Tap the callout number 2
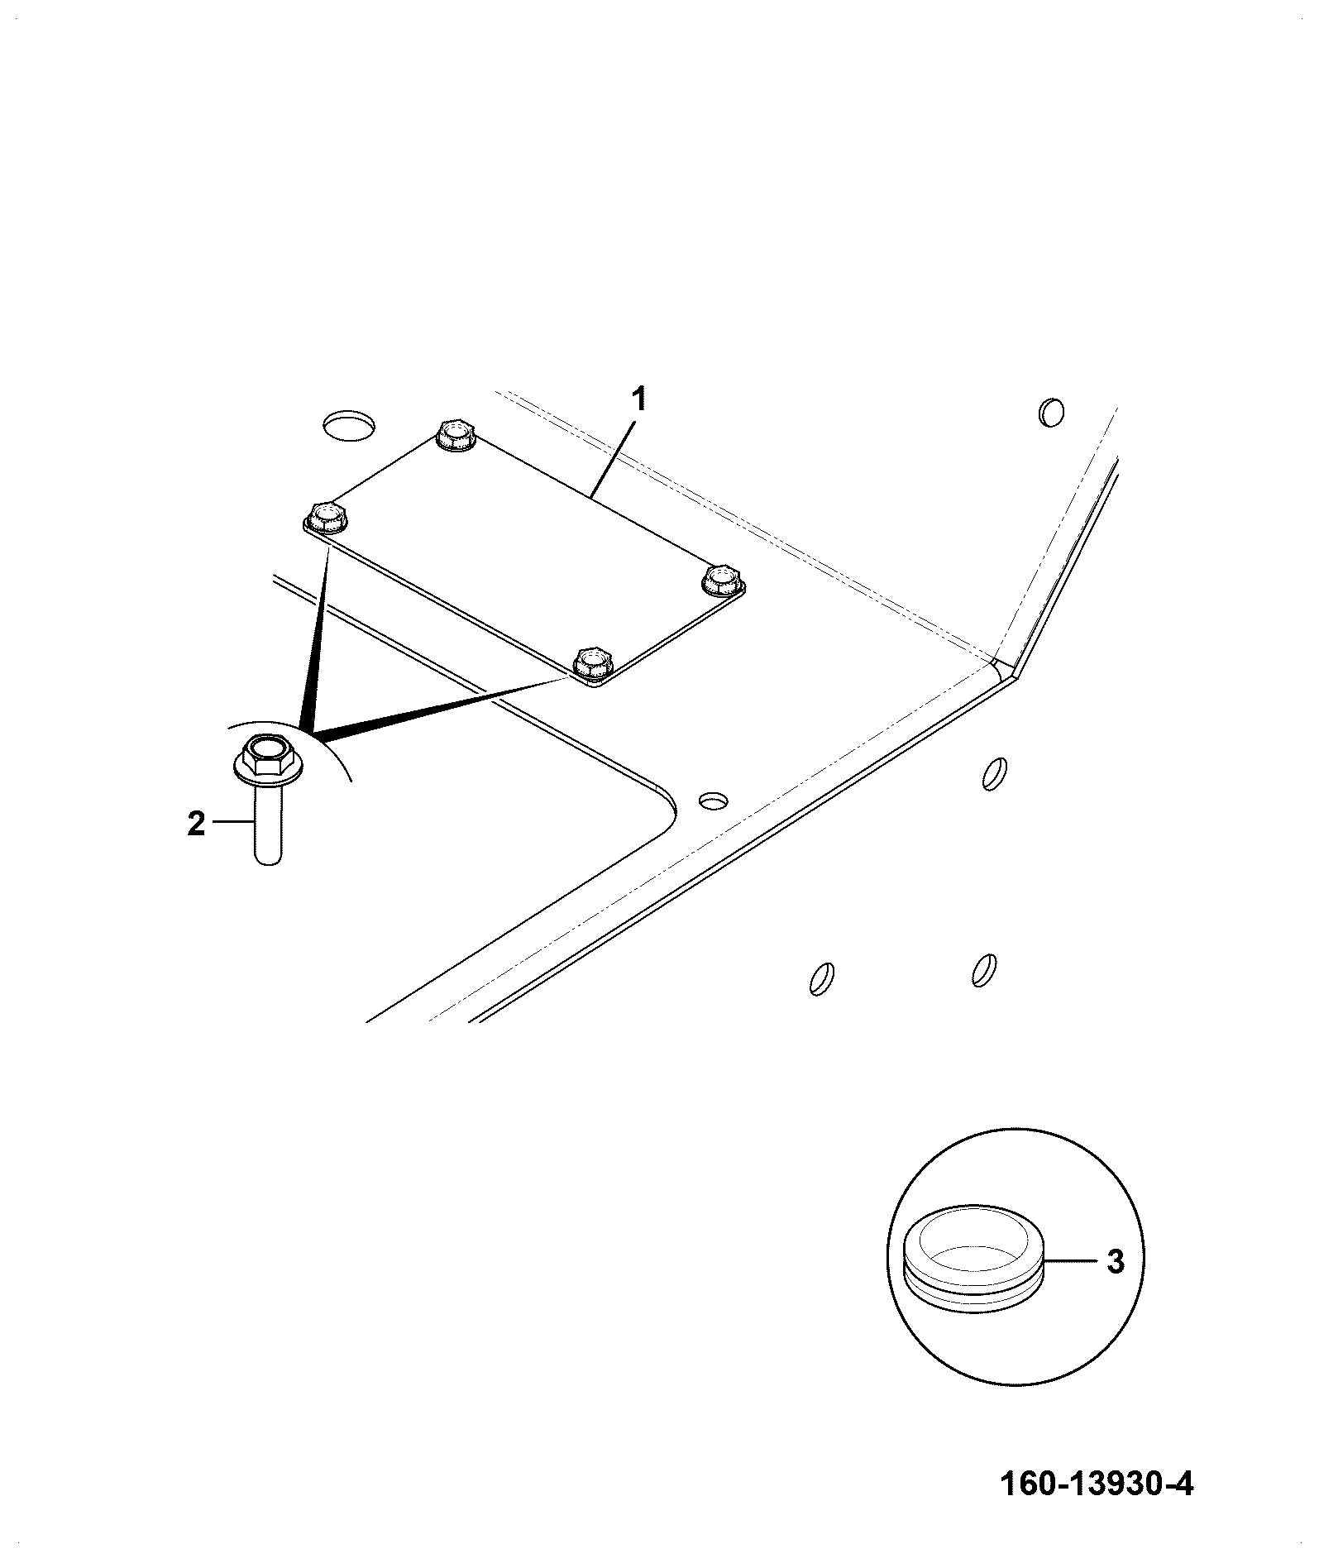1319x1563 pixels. tap(196, 824)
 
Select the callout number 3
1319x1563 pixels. tap(1116, 1262)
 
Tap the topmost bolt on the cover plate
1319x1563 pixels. tap(456, 435)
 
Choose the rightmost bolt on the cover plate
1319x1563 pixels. tap(722, 580)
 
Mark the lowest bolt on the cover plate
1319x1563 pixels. tap(594, 664)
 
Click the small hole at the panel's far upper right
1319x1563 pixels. tap(1051, 412)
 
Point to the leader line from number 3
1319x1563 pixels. tap(1071, 1262)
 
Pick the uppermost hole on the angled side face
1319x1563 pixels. tap(994, 774)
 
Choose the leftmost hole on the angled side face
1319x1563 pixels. tap(821, 978)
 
